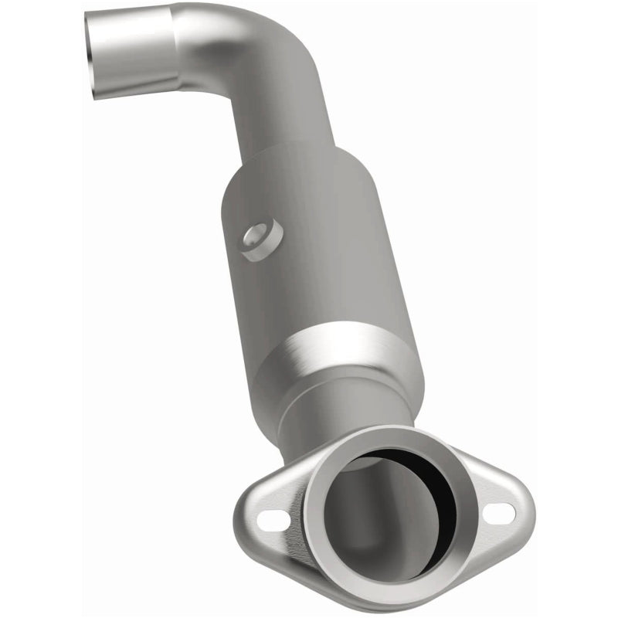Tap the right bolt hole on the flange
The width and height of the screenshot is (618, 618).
[x=501, y=511]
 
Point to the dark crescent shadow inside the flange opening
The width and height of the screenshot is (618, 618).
[x=421, y=502]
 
